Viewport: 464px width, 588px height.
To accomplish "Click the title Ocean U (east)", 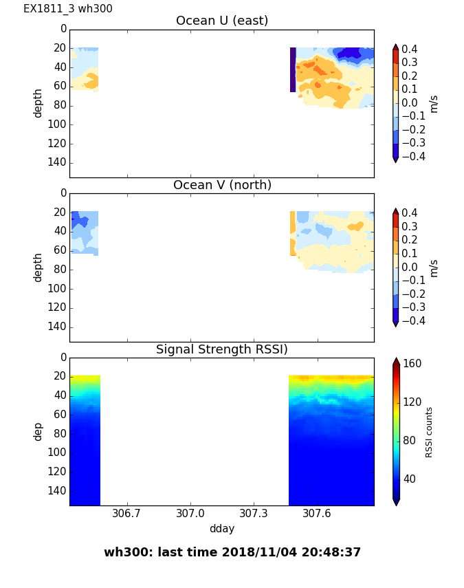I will [x=222, y=21].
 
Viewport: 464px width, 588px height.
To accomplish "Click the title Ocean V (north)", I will [x=222, y=185].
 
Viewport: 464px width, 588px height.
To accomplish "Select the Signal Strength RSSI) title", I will [x=222, y=349].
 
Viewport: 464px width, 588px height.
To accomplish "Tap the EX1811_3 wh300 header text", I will [x=68, y=9].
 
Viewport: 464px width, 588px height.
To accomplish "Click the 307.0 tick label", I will [x=190, y=513].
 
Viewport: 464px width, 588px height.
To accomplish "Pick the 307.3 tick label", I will [x=254, y=513].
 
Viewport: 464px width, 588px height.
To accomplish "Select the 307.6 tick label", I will [x=318, y=513].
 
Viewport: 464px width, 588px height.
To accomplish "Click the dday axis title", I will [x=222, y=529].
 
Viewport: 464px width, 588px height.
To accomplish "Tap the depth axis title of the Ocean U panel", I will [x=38, y=103].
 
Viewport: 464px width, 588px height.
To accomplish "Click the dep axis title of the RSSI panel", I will [x=38, y=431].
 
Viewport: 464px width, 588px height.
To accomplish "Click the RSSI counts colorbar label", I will [x=429, y=432].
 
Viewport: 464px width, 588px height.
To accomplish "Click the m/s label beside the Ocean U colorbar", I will [x=434, y=104].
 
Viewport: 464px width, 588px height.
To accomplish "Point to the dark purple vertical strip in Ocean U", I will [x=293, y=69].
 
